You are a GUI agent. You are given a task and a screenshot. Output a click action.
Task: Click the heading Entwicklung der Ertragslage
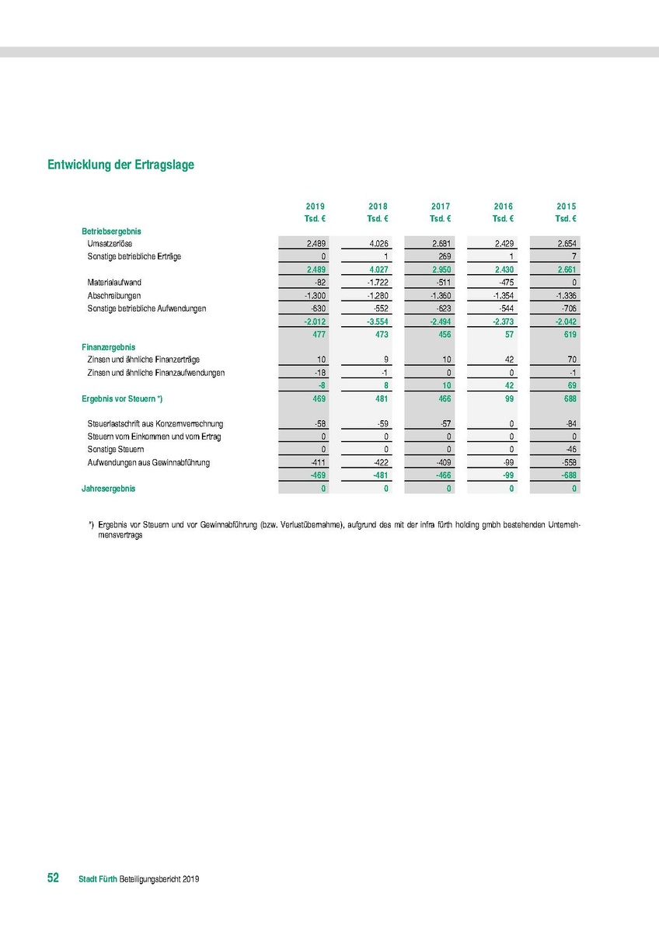coord(120,165)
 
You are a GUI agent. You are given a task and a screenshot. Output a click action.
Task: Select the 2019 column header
coord(316,207)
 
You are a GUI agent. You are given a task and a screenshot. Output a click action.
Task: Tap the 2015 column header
coord(567,207)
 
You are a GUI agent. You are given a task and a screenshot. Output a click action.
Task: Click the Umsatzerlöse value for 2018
coord(378,244)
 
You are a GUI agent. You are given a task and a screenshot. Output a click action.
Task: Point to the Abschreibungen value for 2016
coord(504,296)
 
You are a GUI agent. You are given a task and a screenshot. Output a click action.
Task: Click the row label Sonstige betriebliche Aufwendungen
coord(147,309)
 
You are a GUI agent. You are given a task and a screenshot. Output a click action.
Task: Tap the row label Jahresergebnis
coord(108,489)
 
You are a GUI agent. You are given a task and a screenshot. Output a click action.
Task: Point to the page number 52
coord(54,878)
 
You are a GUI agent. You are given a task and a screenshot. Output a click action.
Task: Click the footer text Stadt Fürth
coord(98,879)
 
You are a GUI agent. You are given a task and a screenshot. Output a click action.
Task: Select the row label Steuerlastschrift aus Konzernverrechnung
coord(155,424)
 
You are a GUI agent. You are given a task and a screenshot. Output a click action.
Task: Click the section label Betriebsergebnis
coord(111,231)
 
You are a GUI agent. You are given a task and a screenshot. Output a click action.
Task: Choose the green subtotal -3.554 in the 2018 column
coord(378,322)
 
